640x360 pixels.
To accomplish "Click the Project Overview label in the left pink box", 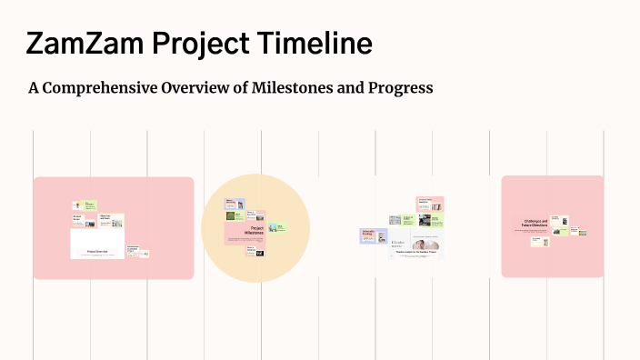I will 97,251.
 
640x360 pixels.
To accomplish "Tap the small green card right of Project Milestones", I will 276,227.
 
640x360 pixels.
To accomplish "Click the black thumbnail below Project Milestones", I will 259,252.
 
